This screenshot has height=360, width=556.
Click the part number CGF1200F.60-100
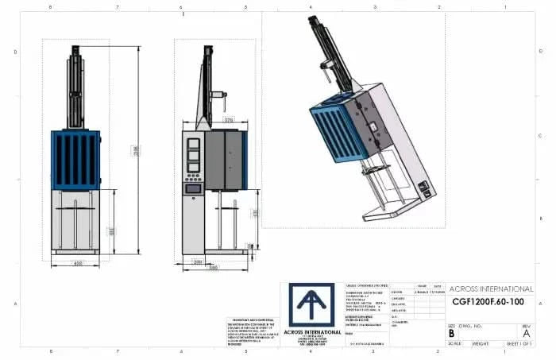(486, 302)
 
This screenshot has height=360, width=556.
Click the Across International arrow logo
(311, 305)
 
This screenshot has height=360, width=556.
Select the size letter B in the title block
(452, 334)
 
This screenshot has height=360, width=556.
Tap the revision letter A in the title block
(525, 334)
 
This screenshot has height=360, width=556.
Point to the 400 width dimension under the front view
(79, 261)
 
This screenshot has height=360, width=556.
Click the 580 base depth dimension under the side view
(213, 268)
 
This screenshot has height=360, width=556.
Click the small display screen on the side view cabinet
(191, 188)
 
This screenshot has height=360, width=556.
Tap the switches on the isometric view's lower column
(427, 190)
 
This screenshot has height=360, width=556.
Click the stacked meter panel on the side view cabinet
(192, 157)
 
